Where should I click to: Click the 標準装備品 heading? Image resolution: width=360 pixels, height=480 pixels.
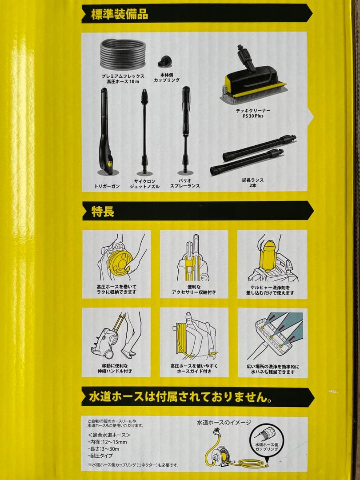point(119,13)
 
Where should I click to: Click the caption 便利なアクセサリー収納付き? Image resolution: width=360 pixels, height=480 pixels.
point(194,289)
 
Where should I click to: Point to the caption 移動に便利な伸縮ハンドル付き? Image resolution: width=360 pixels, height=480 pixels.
point(115,368)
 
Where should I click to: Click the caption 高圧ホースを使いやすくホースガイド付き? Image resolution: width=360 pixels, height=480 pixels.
point(193,368)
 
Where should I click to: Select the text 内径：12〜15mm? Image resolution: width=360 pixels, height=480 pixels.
point(108,442)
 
